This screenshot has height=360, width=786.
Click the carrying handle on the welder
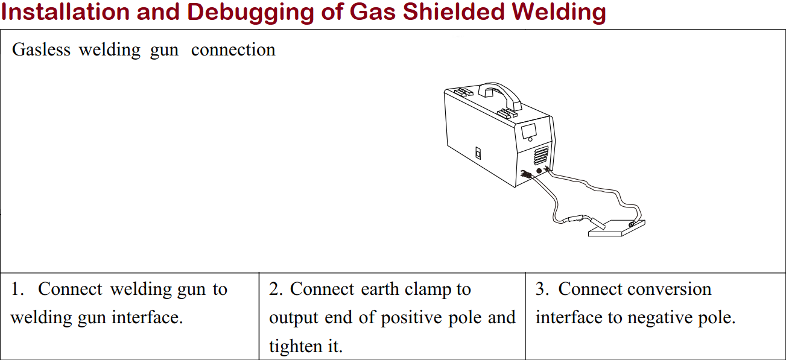500,92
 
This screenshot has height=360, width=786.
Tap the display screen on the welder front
529,131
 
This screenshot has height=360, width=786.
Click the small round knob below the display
530,140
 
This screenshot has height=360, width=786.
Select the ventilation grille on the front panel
542,155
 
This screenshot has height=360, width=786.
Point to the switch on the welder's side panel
478,153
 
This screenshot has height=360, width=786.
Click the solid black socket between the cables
539,171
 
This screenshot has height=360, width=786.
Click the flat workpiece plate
616,228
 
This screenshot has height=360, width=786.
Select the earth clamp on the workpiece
632,224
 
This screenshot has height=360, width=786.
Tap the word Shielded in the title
453,11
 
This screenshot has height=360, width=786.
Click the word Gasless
41,49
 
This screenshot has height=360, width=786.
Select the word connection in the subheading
233,50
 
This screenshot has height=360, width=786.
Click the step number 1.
17,289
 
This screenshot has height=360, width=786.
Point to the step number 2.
276,289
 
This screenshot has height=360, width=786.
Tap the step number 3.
542,289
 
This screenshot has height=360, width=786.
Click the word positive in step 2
411,318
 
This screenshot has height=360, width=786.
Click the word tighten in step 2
296,346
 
